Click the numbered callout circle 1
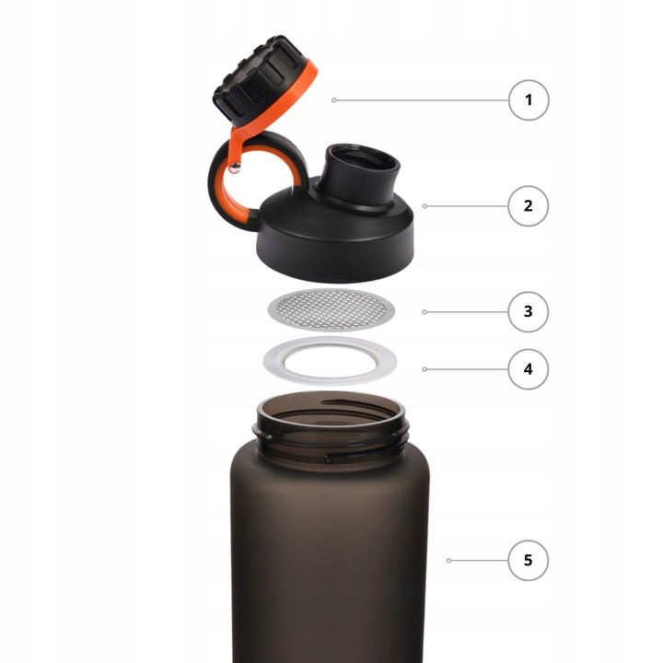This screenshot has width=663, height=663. coord(529,100)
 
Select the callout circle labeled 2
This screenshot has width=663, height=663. coord(529,206)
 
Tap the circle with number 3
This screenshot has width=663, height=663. coord(529,311)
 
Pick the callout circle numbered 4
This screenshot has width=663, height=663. coord(529,369)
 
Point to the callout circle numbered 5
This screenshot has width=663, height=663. coord(529,560)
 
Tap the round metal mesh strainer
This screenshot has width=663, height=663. coord(331,310)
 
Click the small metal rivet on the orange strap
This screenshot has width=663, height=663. coord(235,168)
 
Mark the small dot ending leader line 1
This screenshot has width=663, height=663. coord(333,100)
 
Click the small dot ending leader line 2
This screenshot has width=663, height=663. coord(425,206)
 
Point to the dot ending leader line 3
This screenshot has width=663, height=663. coord(425,312)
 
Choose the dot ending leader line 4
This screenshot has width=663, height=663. coord(425,369)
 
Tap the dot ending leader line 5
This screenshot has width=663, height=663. coord(448,560)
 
